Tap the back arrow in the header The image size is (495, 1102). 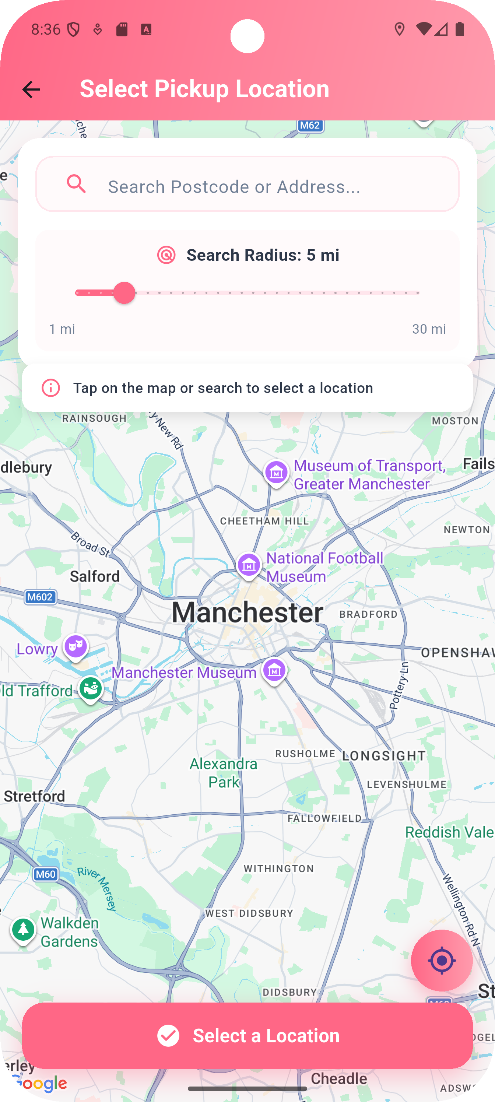coord(31,90)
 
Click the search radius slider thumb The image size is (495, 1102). coord(124,293)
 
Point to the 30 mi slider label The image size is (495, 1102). coord(429,329)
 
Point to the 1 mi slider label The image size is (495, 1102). coord(62,329)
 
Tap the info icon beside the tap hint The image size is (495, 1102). coord(50,388)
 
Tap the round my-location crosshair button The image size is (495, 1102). coord(442,961)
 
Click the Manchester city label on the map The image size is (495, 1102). coord(247,612)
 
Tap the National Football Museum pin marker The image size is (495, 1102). coord(249,565)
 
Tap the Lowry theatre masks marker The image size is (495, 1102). coord(76,647)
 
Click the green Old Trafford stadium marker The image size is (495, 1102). coord(91,688)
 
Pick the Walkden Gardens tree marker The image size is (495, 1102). coord(23,929)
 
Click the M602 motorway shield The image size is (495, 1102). coord(40,597)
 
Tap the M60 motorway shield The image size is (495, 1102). coord(45,874)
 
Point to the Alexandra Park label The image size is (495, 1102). coord(223,773)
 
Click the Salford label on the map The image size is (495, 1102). coord(95,577)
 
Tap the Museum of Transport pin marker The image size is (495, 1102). coord(276,473)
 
